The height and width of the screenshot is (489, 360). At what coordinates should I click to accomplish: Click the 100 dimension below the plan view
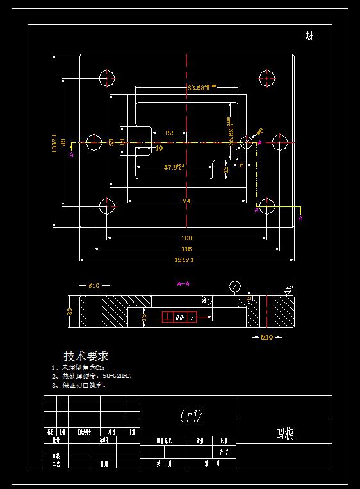point(186,238)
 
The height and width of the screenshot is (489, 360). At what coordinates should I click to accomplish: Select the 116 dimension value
point(186,248)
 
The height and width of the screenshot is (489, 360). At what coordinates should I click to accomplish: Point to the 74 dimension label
point(186,201)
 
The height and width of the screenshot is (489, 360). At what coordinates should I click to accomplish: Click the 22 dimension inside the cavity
point(169,133)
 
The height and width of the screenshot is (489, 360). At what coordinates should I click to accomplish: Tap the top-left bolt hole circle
point(108,78)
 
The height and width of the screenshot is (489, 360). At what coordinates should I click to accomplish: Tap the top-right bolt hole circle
point(267,78)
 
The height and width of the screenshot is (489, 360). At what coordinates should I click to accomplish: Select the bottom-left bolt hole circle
point(108,206)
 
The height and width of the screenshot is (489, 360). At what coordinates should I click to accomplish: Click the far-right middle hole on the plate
point(280,142)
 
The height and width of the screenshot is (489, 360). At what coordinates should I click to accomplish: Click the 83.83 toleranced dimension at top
point(201,87)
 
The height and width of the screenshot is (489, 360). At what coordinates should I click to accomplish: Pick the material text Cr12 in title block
point(191,417)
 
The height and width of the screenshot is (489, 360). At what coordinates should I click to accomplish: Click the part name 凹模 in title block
point(284,434)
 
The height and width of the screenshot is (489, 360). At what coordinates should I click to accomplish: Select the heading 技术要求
point(86,356)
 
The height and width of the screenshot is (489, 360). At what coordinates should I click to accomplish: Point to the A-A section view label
point(183,283)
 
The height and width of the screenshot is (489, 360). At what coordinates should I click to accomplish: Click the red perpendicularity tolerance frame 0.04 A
point(179,317)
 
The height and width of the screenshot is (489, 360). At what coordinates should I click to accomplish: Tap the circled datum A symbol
point(235,286)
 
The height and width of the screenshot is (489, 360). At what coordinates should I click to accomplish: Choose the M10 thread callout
point(266,336)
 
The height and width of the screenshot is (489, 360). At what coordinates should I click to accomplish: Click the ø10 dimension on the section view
point(94,286)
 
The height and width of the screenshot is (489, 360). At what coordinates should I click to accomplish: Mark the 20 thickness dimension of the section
point(70,311)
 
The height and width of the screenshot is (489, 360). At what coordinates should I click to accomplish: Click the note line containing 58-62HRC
point(95,377)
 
